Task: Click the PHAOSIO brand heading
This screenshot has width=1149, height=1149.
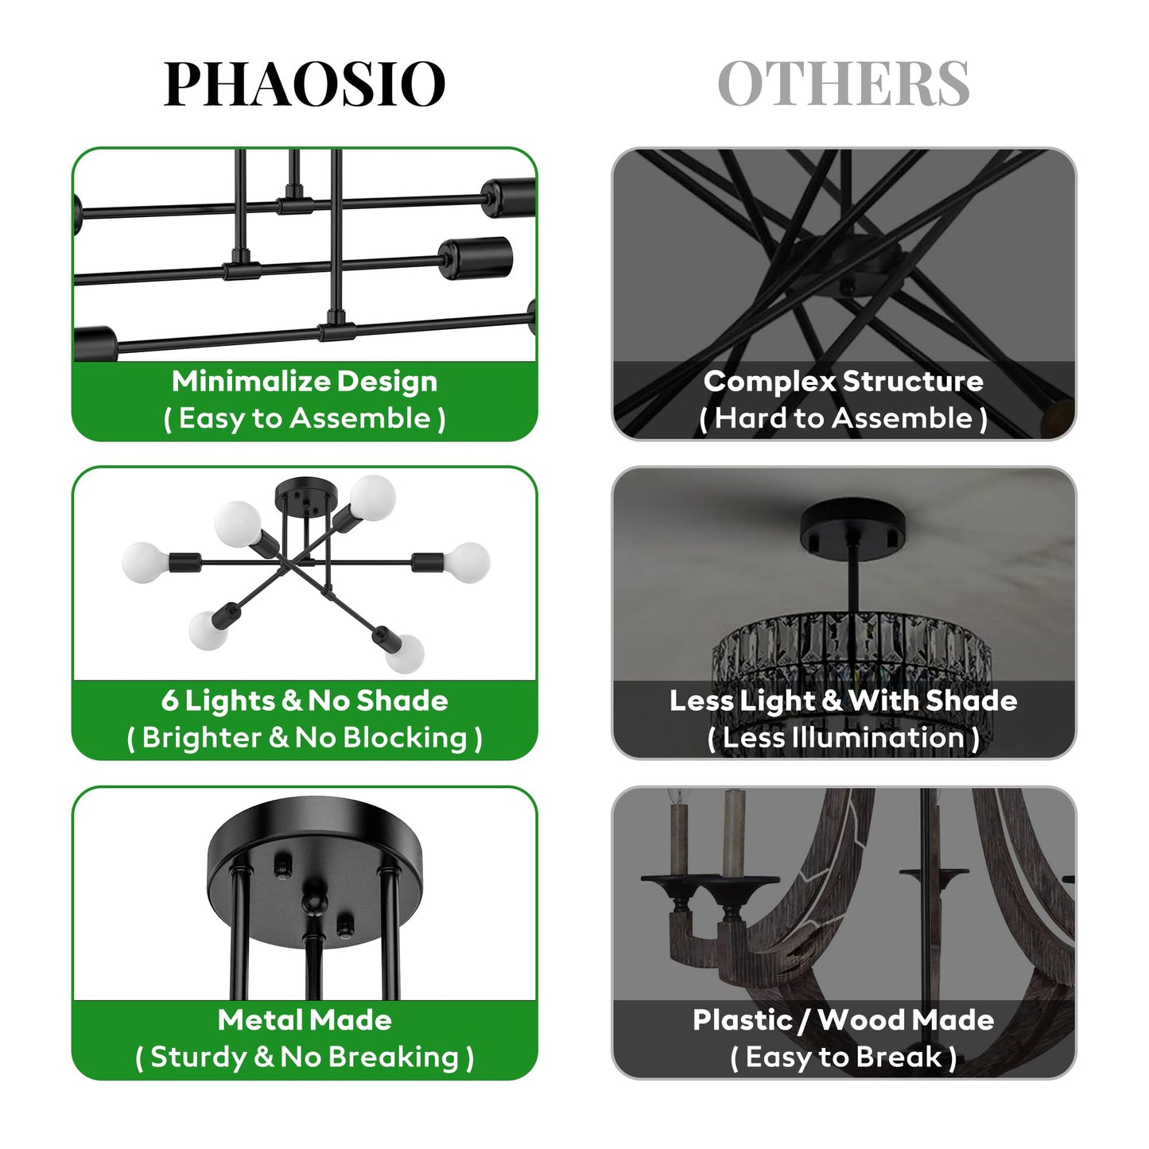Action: tap(304, 83)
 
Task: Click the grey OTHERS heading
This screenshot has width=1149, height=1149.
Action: tap(843, 83)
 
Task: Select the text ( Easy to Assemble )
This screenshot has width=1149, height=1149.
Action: tap(305, 418)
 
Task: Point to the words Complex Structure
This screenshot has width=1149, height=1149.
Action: tap(843, 382)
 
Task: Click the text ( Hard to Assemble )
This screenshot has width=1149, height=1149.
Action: tap(843, 418)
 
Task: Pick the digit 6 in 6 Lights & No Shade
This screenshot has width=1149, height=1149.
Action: tap(169, 701)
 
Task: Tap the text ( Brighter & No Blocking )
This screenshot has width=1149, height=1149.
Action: tap(305, 738)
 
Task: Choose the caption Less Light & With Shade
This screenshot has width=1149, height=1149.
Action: tap(843, 701)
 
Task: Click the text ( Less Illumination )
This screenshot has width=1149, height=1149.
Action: tap(843, 738)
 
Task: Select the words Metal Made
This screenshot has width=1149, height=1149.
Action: tap(305, 1020)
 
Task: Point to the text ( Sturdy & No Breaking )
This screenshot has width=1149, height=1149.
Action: tap(305, 1058)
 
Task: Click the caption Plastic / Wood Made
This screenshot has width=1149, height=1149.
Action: tap(843, 1020)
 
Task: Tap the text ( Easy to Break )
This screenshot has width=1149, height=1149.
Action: tap(843, 1058)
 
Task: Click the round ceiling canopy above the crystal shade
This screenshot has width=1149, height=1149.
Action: tap(852, 526)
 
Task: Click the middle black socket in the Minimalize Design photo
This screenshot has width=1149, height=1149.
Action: tap(476, 257)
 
